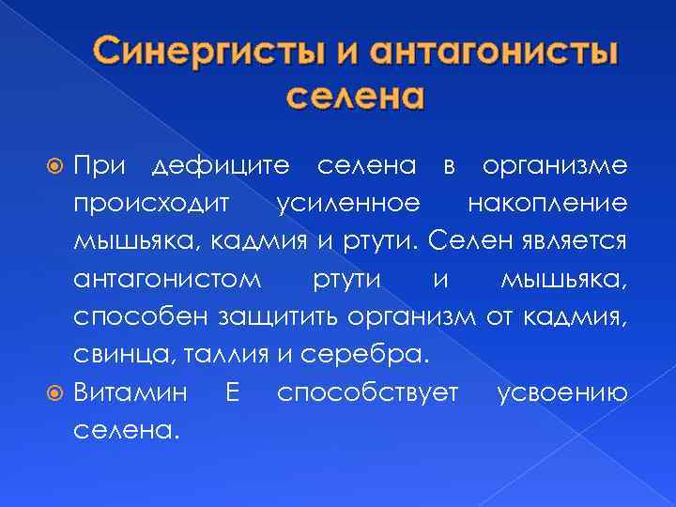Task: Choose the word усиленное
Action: tap(348, 205)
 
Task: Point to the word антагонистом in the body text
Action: tap(165, 280)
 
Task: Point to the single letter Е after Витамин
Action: tap(232, 392)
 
